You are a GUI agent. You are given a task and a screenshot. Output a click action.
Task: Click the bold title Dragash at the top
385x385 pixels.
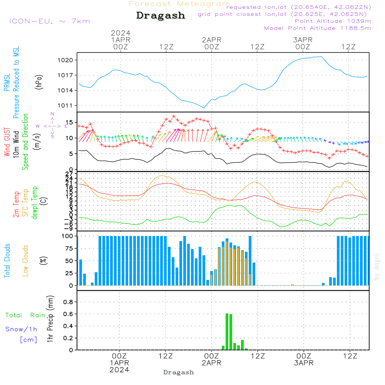161,15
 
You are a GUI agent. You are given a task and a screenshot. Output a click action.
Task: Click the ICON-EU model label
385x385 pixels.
49,21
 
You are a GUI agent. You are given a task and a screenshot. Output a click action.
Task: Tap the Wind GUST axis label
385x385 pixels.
7,143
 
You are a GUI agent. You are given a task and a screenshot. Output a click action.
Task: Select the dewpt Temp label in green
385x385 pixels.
35,203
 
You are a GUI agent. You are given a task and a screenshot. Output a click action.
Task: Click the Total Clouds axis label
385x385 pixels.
7,261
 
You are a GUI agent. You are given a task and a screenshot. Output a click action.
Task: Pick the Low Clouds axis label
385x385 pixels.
25,261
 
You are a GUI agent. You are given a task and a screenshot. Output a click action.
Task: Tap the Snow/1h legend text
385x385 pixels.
21,329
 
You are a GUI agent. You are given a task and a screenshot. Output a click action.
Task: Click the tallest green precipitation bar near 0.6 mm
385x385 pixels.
227,331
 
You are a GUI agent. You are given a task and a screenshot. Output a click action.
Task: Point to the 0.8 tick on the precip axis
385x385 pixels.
68,302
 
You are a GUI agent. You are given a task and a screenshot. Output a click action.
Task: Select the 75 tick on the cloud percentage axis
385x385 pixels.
69,248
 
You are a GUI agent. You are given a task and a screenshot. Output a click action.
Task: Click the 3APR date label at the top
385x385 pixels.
303,40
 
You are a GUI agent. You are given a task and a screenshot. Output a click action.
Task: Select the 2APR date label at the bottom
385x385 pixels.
211,363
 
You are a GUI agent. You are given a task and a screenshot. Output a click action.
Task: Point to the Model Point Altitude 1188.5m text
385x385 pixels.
318,28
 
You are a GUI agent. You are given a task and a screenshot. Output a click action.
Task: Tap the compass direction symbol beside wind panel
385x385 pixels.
52,126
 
